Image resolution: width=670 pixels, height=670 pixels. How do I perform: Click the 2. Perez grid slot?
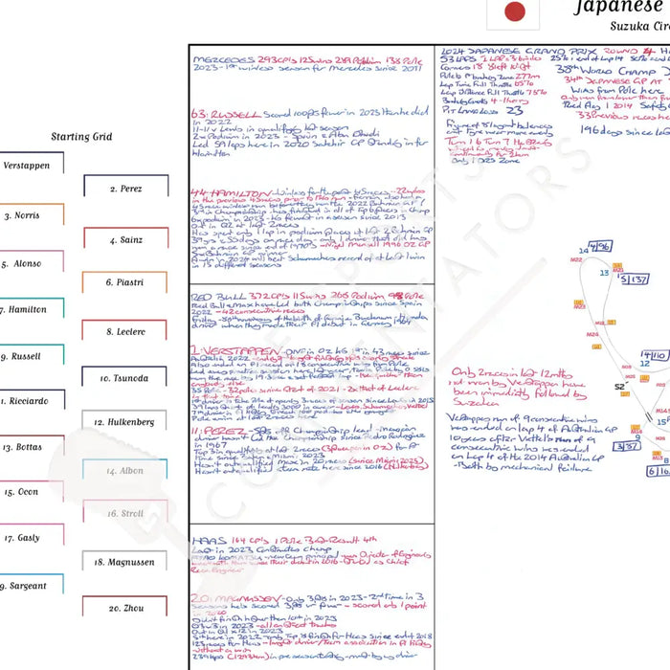click(x=125, y=190)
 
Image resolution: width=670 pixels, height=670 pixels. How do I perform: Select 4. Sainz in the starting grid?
click(x=125, y=240)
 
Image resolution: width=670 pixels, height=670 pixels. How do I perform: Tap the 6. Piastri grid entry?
click(x=125, y=283)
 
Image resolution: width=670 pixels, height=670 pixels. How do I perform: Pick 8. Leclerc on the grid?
click(x=125, y=332)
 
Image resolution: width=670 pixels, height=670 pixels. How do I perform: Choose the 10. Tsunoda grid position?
click(x=125, y=378)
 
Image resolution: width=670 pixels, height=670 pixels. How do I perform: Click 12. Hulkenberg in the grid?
click(x=125, y=422)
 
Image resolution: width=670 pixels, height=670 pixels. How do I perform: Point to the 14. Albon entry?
click(x=125, y=471)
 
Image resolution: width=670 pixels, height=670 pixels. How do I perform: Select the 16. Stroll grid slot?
click(x=125, y=514)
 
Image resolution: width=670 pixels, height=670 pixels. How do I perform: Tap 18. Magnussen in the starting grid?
click(x=125, y=563)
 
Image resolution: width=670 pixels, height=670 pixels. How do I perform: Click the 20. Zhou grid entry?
click(x=125, y=608)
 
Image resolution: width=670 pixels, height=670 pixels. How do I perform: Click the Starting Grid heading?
click(x=82, y=137)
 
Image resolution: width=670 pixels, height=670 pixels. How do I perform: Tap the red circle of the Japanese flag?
click(x=515, y=11)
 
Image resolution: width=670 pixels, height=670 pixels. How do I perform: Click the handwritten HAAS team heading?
click(x=209, y=541)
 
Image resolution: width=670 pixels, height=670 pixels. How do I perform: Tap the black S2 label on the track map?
click(x=620, y=386)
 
